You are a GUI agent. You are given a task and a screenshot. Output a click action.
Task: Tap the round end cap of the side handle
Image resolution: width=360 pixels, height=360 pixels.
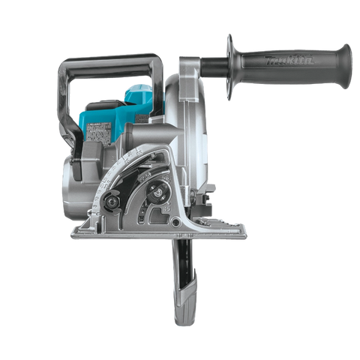(x=346, y=56)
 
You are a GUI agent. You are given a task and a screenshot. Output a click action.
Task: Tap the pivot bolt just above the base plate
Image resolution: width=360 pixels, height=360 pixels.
(x=147, y=223)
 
